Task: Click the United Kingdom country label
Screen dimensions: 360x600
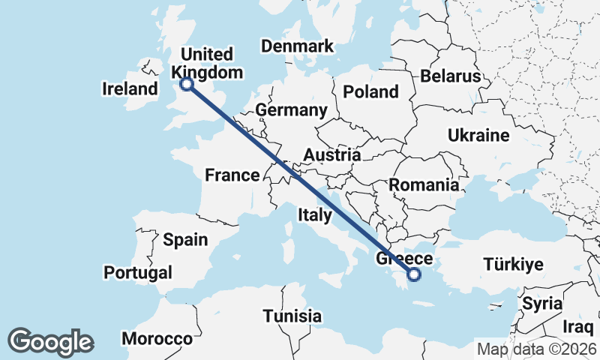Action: (x=208, y=63)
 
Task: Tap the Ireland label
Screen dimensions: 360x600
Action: (x=130, y=89)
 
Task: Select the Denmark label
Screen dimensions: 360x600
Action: (x=297, y=46)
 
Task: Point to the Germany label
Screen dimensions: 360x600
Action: (x=292, y=111)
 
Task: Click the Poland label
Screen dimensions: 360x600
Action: (x=370, y=92)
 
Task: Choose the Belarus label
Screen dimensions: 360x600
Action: (x=450, y=76)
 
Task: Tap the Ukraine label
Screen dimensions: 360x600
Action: (x=478, y=136)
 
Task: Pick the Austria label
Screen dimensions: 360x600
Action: (x=332, y=155)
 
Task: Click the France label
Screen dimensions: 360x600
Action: (x=232, y=175)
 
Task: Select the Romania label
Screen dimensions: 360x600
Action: (x=424, y=184)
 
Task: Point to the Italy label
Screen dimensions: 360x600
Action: (x=315, y=215)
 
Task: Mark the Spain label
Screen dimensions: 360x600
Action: (x=185, y=240)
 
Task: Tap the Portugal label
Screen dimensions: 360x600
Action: (x=138, y=272)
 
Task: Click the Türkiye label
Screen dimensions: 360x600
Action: (x=513, y=265)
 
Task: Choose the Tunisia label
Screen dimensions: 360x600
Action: (x=292, y=316)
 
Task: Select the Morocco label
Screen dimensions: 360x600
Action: (x=157, y=339)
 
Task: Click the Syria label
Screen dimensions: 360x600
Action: (x=542, y=304)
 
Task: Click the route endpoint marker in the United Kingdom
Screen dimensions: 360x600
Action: (x=187, y=84)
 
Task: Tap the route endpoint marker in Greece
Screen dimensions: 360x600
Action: (x=413, y=275)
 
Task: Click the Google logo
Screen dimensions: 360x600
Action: (x=51, y=342)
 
